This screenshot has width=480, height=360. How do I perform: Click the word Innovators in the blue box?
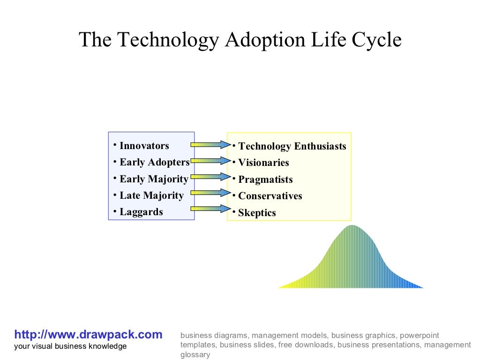(x=144, y=146)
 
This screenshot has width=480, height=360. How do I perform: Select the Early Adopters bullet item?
(x=154, y=163)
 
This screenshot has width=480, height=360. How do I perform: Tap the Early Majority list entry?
(x=154, y=179)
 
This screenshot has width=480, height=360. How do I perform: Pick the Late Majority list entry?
(x=151, y=195)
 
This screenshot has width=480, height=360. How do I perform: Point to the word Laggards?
(x=141, y=212)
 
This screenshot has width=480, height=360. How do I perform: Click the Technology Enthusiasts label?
(x=292, y=146)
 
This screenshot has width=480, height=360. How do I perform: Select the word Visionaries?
(x=263, y=163)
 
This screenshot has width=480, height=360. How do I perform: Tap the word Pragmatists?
(x=265, y=180)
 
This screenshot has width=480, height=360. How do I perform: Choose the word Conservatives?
(x=270, y=196)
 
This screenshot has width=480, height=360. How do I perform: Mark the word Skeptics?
(x=257, y=213)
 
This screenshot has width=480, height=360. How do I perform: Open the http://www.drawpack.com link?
(x=88, y=335)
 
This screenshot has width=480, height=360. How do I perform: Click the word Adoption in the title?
(x=259, y=40)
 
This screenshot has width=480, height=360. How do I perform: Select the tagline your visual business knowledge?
(x=70, y=346)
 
